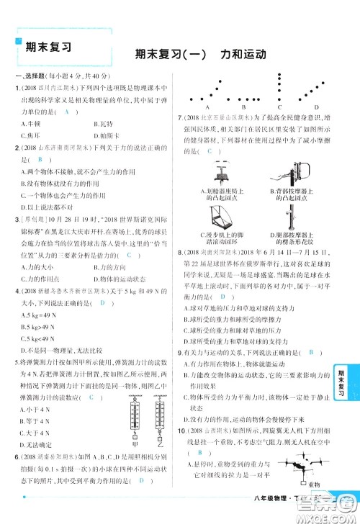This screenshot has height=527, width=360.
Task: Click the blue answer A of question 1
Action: pos(66,111)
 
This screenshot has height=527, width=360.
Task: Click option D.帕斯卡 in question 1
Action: pos(105,135)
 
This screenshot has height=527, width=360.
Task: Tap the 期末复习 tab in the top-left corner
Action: pos(45,48)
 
